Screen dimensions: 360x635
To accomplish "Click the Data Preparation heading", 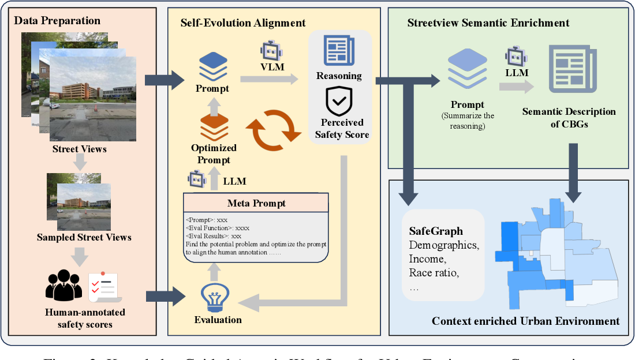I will point(57,21).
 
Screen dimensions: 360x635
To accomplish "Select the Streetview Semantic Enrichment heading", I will point(488,23).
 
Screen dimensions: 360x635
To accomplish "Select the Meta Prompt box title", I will point(256,203).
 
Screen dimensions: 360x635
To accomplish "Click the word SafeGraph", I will point(436,231).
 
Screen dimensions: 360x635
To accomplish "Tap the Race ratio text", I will point(434,273).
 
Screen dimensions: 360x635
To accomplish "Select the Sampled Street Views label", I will point(84,237).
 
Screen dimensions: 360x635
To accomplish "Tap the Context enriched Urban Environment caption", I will point(525,321).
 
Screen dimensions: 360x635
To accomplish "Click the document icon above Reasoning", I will point(339,51).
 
